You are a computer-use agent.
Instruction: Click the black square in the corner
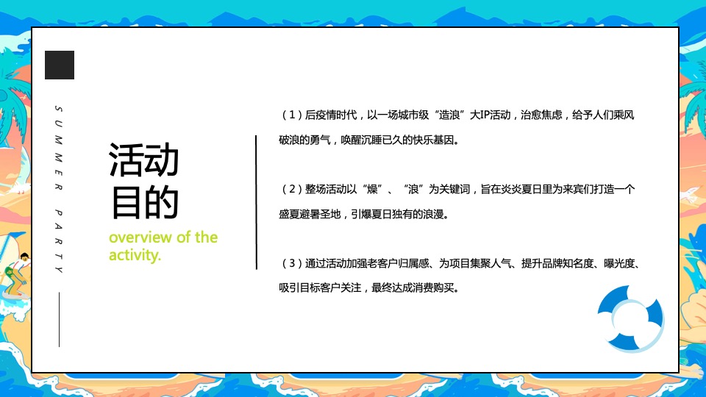[x=60, y=65]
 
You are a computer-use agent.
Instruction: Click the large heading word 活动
[x=143, y=160]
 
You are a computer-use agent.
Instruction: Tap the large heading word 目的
[x=143, y=201]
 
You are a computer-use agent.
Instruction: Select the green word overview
[x=141, y=237]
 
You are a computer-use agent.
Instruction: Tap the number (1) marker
[x=291, y=115]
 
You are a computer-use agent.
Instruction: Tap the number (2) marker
[x=291, y=190]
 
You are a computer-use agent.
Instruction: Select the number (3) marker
[x=291, y=263]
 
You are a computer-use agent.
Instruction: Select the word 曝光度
[x=621, y=263]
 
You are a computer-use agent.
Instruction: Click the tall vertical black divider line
[x=256, y=202]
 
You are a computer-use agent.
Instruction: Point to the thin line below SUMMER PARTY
[x=59, y=319]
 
